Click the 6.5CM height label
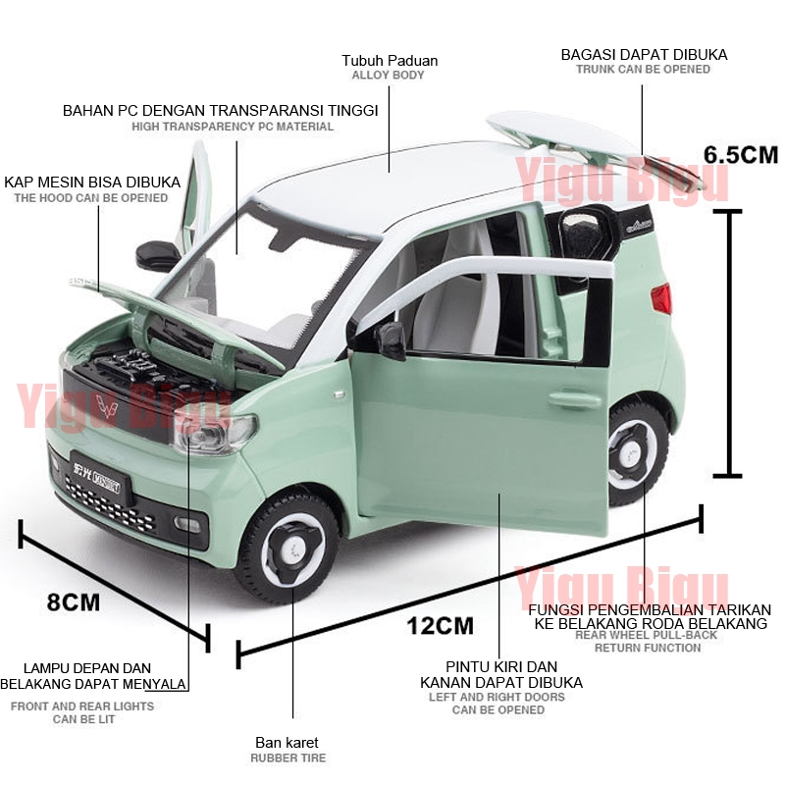(x=740, y=154)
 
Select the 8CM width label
(x=74, y=602)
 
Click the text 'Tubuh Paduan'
(x=390, y=61)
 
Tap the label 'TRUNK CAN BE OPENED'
(x=644, y=70)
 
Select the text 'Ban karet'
(x=287, y=743)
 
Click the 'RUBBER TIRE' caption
(x=287, y=759)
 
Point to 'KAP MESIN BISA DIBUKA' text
(x=92, y=183)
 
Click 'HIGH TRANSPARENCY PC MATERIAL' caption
(x=233, y=127)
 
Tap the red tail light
(x=663, y=298)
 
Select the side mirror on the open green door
(x=391, y=340)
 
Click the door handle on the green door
(x=574, y=400)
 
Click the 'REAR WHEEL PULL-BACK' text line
(x=646, y=635)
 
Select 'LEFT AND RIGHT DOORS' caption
(x=497, y=698)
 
